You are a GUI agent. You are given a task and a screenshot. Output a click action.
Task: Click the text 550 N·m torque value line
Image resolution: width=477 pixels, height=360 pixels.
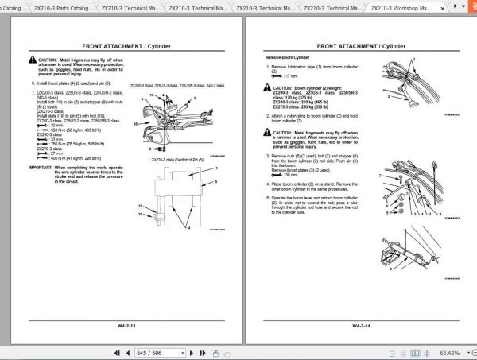click(x=68, y=130)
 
